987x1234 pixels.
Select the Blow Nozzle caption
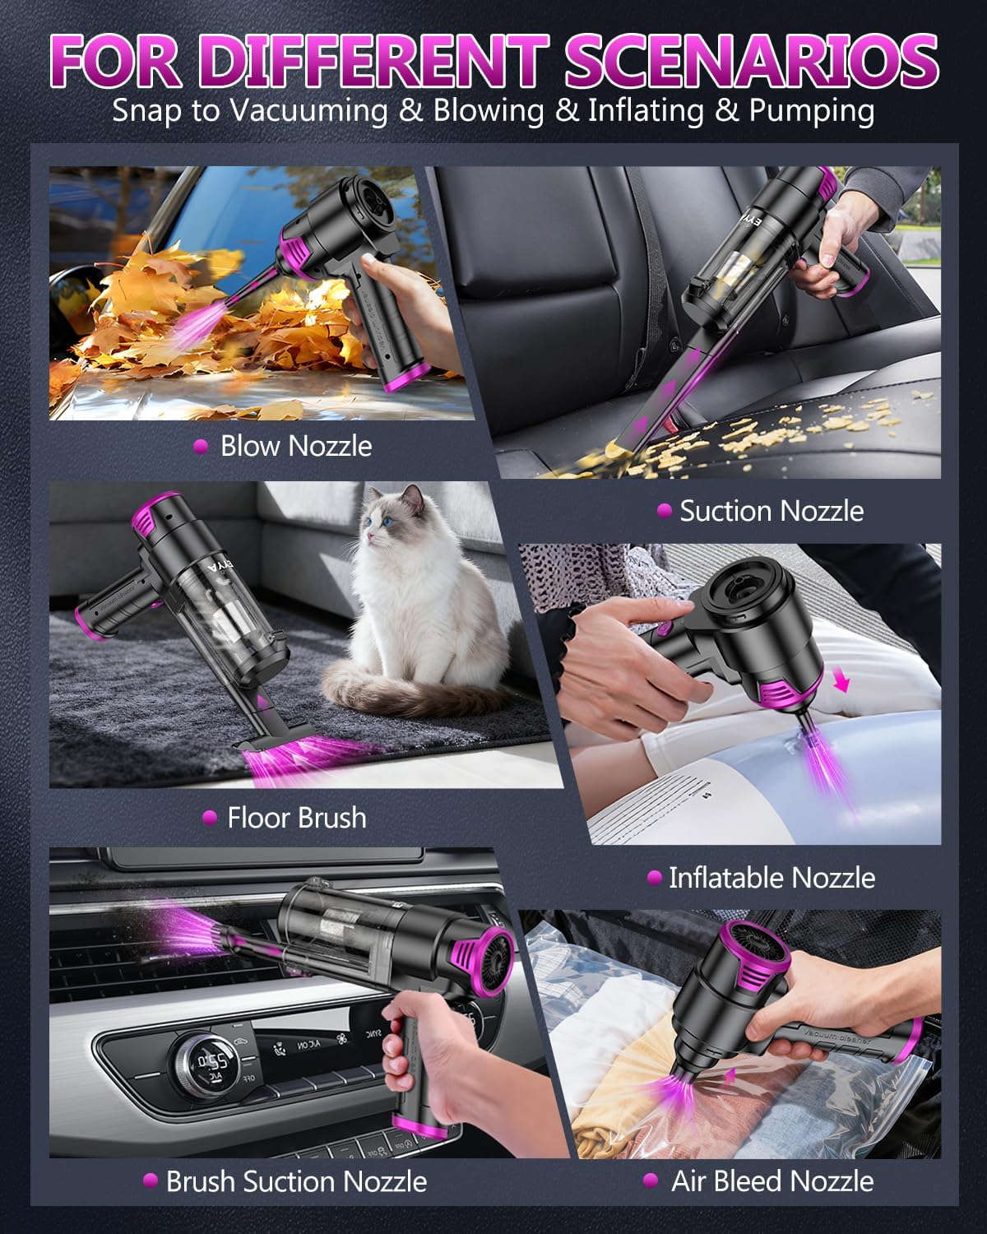pos(295,446)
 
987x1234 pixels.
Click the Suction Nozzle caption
pos(771,511)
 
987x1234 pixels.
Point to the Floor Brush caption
pos(296,818)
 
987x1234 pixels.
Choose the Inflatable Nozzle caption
pos(771,878)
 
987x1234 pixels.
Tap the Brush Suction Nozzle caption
pos(296,1181)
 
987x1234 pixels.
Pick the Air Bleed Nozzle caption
pos(772,1181)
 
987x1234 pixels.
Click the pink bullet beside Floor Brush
pos(210,818)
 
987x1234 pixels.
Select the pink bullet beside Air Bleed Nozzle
pos(651,1181)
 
